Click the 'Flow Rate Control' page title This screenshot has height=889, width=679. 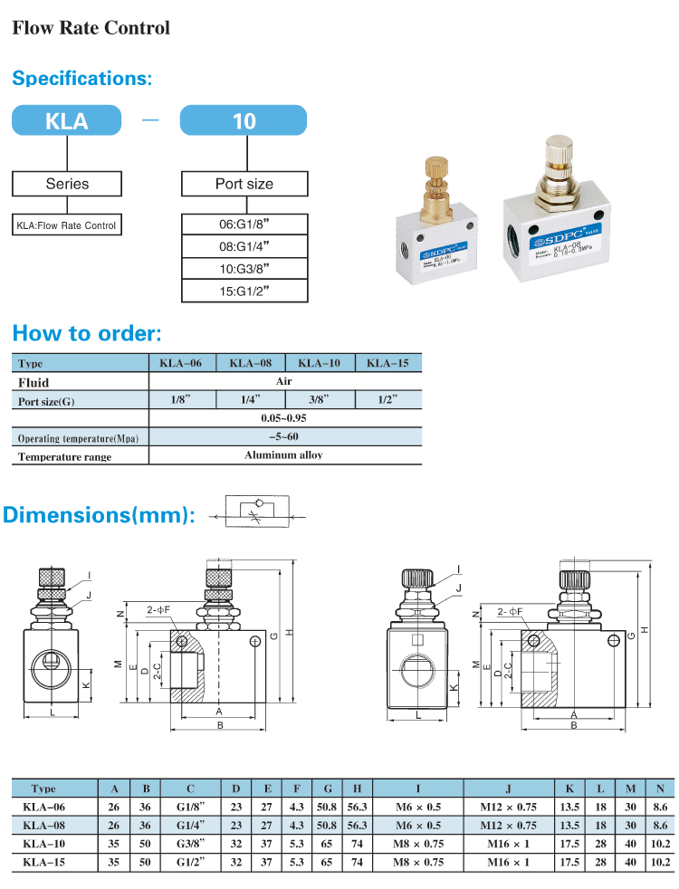point(91,28)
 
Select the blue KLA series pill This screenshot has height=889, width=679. point(66,120)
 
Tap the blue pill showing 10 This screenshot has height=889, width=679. point(244,120)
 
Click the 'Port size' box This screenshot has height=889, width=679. point(244,184)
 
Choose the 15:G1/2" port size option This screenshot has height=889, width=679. point(244,291)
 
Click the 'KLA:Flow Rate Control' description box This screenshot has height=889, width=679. point(66,225)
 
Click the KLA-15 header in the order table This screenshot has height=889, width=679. point(387,364)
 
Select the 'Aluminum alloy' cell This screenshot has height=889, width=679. point(283,455)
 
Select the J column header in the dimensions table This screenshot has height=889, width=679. point(508,789)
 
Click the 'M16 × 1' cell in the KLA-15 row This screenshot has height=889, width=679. point(508,861)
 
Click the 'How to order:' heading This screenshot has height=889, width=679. point(87,333)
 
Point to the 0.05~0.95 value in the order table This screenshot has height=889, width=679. point(283,419)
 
